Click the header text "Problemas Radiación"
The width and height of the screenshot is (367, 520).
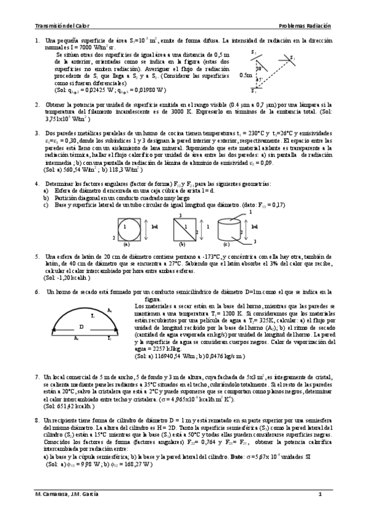[x=305, y=26]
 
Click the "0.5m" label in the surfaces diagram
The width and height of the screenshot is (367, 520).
[x=245, y=76]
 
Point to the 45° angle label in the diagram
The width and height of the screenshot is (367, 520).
[x=260, y=80]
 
